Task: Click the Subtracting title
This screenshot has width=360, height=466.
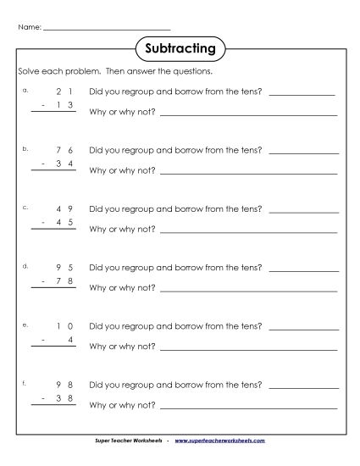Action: (180, 48)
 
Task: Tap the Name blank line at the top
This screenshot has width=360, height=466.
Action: (106, 28)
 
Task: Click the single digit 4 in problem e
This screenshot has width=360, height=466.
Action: (70, 341)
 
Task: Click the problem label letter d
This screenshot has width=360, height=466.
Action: (27, 265)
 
